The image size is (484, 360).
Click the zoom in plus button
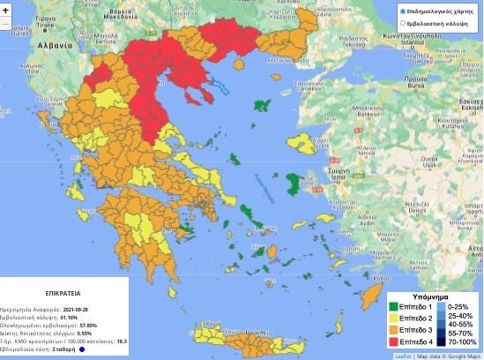4,8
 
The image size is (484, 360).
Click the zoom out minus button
4,24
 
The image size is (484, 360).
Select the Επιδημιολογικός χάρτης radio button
403,11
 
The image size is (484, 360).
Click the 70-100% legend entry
461,342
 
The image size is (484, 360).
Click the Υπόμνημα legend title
432,296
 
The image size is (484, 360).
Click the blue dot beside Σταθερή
81,349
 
